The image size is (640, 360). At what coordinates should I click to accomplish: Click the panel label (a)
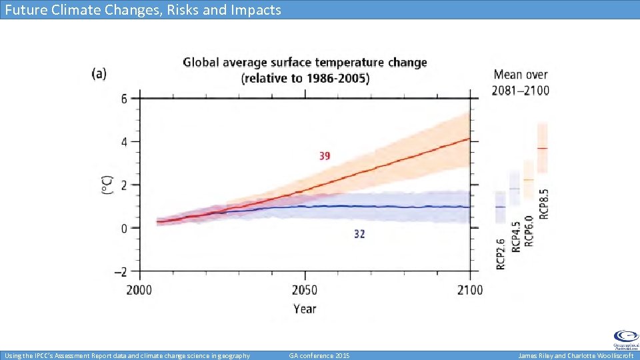99,73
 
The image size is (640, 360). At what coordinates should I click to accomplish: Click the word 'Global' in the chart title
204,63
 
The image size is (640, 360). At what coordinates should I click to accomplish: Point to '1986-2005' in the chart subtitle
337,79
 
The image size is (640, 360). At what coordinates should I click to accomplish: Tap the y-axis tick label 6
123,99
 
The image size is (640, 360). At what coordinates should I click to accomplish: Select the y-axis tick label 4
123,142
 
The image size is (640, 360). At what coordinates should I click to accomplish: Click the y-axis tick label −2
120,272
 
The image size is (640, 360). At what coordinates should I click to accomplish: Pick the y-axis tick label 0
123,229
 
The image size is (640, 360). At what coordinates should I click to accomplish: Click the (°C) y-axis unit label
107,185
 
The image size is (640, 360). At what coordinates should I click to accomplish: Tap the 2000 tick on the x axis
139,290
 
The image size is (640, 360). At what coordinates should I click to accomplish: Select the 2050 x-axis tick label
305,290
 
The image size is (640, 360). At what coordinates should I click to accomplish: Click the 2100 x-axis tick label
469,290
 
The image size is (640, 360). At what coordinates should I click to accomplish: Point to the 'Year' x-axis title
305,309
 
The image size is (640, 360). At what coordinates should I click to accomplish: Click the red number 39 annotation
324,156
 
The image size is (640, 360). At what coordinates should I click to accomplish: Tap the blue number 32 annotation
359,234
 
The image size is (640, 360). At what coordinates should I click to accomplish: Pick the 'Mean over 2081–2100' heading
521,82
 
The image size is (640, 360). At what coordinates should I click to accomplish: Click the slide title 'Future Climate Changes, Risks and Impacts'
143,9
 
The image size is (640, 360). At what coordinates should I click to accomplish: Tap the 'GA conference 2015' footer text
319,355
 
